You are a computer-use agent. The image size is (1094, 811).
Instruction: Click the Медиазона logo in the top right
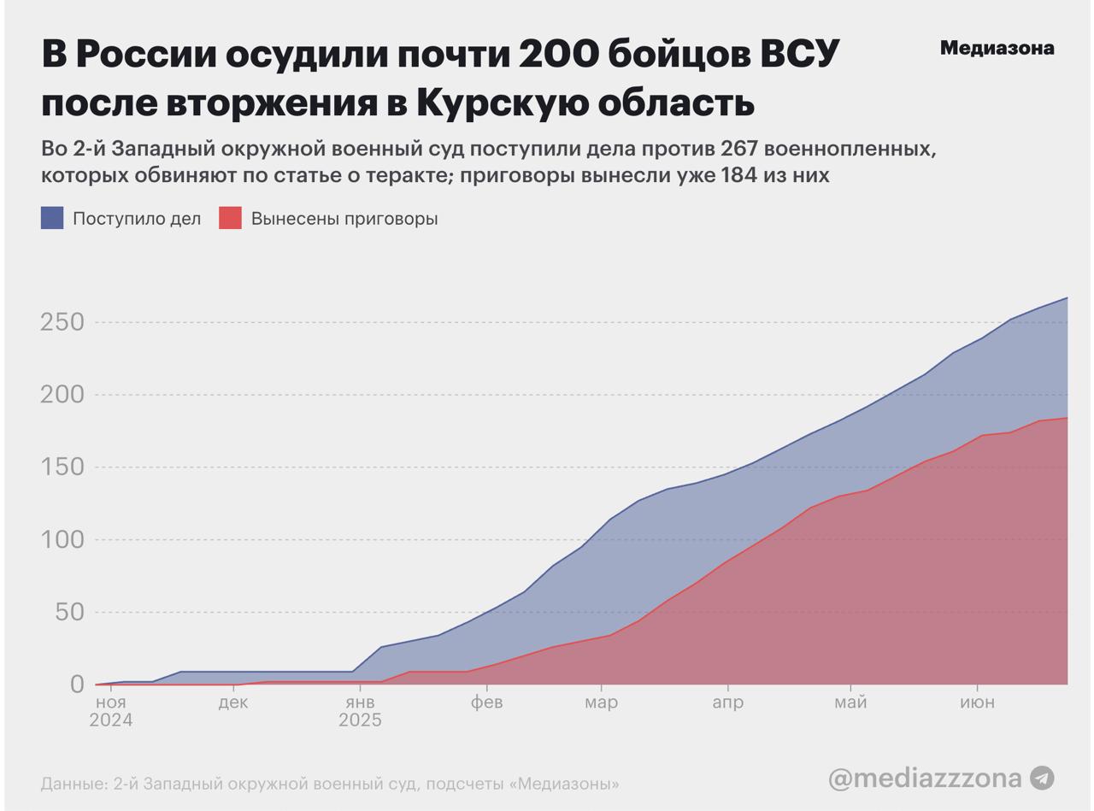pyautogui.click(x=997, y=49)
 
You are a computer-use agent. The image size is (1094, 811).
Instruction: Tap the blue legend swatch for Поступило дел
pyautogui.click(x=52, y=218)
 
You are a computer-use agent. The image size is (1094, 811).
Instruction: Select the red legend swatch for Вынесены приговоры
pyautogui.click(x=230, y=218)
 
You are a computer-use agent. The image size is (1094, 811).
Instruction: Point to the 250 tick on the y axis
pyautogui.click(x=62, y=322)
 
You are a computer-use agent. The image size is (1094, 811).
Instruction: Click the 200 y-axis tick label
pyautogui.click(x=62, y=395)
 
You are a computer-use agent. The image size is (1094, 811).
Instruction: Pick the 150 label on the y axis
pyautogui.click(x=62, y=467)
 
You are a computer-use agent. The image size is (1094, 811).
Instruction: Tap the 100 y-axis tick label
pyautogui.click(x=62, y=540)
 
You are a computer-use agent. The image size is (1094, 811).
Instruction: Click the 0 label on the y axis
pyautogui.click(x=78, y=684)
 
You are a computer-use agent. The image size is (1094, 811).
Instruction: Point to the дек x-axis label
pyautogui.click(x=233, y=702)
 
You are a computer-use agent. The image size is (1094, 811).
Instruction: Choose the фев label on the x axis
pyautogui.click(x=486, y=702)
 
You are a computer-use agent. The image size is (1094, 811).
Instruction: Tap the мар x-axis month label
pyautogui.click(x=601, y=702)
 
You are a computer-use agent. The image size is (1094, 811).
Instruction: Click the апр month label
pyautogui.click(x=727, y=702)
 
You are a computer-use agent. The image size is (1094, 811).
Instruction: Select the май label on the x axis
pyautogui.click(x=850, y=702)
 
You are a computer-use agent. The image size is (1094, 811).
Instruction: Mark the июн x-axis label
pyautogui.click(x=977, y=702)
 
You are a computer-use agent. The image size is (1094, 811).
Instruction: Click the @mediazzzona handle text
pyautogui.click(x=925, y=778)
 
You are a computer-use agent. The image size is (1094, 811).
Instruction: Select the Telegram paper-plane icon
pyautogui.click(x=1041, y=778)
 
